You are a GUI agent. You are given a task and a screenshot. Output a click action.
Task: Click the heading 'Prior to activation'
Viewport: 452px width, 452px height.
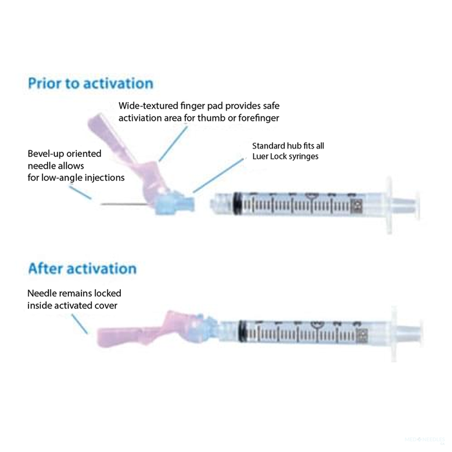[90, 83]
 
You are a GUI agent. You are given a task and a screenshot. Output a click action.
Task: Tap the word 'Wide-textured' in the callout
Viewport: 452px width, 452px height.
[149, 105]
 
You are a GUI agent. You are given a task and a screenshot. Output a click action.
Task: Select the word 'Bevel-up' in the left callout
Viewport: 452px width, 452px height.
[47, 154]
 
